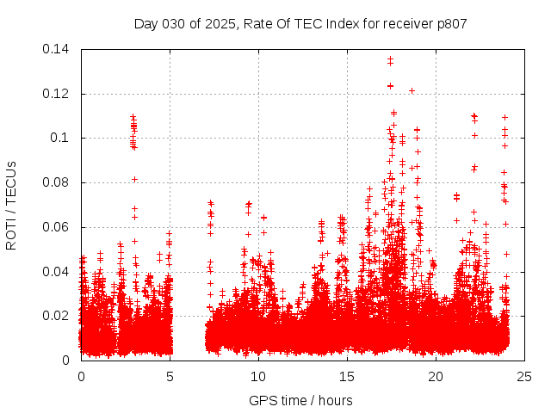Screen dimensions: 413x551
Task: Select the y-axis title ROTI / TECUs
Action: click(11, 205)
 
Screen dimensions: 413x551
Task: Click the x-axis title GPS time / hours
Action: click(300, 400)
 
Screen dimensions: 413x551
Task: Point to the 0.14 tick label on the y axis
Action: click(57, 49)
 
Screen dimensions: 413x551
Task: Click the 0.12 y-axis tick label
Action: click(57, 94)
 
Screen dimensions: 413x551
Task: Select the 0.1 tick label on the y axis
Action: click(60, 138)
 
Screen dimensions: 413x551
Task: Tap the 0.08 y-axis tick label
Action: click(57, 182)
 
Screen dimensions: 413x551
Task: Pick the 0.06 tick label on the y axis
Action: click(57, 227)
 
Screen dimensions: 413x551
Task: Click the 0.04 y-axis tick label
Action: click(57, 272)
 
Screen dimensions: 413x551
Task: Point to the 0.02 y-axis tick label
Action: click(57, 316)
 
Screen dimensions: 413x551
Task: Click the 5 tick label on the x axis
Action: click(170, 376)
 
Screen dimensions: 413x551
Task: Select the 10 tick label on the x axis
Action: click(258, 376)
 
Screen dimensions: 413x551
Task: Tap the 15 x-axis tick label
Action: click(347, 376)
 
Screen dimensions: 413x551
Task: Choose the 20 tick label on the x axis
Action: click(436, 376)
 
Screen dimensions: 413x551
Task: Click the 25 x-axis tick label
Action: click(524, 376)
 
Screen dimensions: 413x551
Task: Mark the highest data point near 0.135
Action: click(390, 59)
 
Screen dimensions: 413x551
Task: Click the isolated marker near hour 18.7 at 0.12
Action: click(412, 90)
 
